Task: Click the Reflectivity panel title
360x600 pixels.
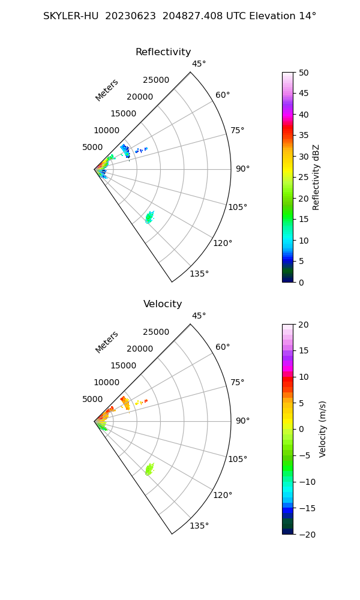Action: (163, 52)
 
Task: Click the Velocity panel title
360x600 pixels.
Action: (163, 304)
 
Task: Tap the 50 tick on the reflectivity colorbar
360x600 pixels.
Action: (304, 73)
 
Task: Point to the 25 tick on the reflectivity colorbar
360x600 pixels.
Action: (304, 178)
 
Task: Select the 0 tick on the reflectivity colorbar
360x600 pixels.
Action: (304, 282)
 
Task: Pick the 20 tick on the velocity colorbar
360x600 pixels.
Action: (304, 325)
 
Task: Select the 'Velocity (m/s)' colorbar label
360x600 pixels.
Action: (322, 429)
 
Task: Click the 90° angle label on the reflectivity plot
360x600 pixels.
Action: (242, 169)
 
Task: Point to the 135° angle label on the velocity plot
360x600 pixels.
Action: (200, 526)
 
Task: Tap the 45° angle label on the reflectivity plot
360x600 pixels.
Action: (199, 64)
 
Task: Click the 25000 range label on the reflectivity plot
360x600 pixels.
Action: (156, 80)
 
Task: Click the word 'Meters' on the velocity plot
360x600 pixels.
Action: (107, 342)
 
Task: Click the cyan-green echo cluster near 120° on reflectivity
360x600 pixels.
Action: (149, 217)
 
